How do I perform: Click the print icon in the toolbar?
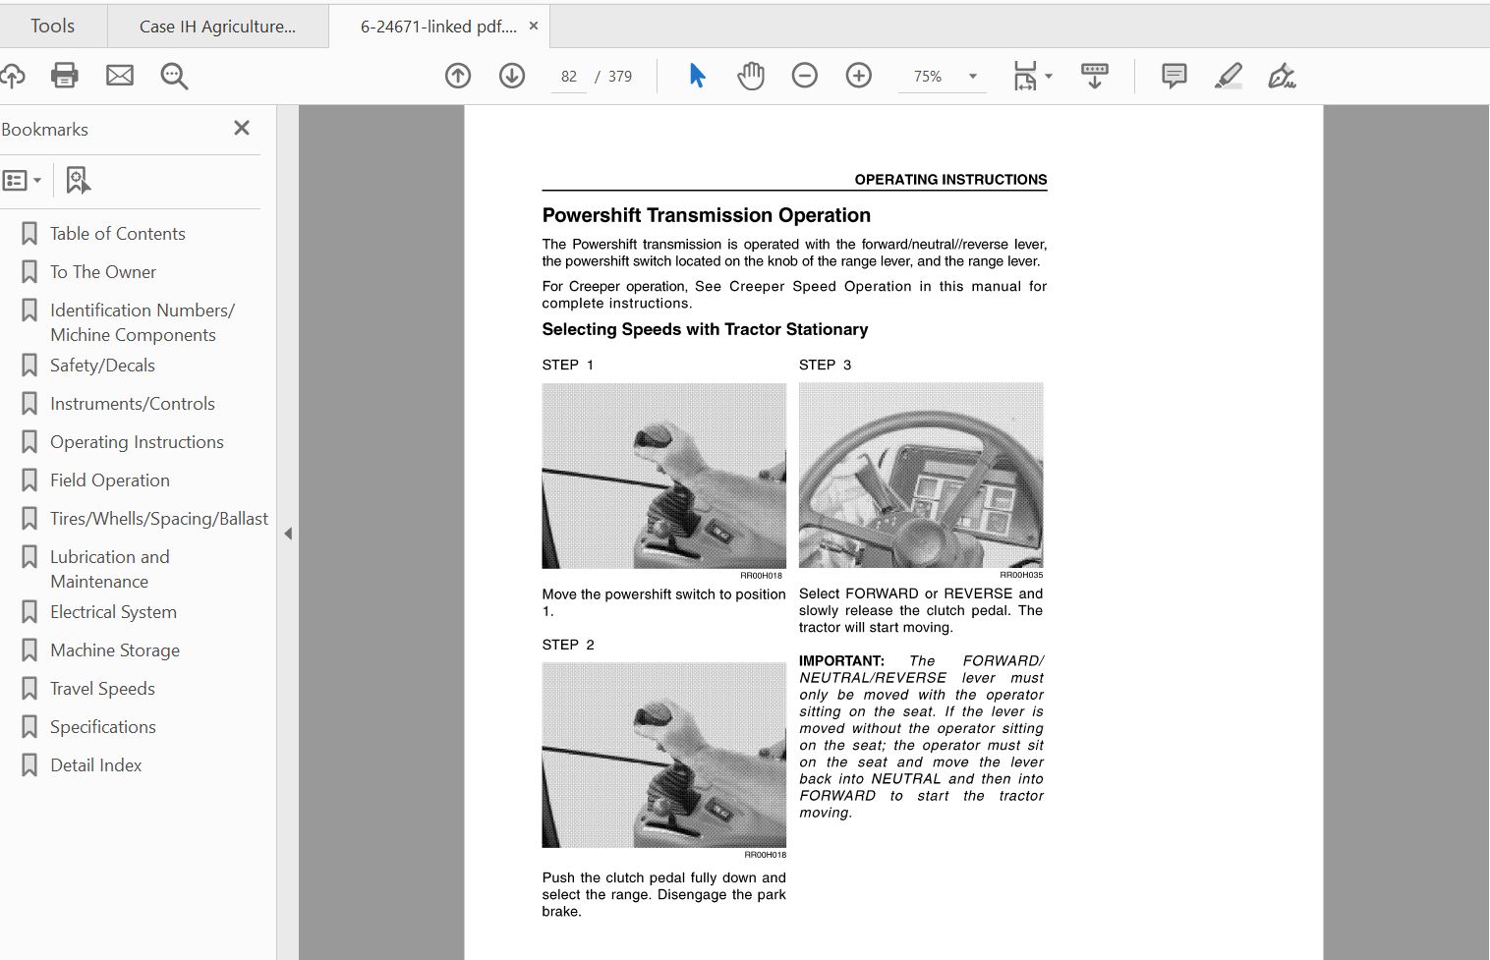pos(65,75)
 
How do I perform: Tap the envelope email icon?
pos(120,75)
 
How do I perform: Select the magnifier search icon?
pos(174,76)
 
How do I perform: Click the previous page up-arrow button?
pos(458,76)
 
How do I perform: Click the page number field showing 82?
pos(569,77)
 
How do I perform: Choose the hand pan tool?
pos(751,75)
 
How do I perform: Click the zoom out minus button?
pos(805,75)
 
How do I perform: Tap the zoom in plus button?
pos(859,75)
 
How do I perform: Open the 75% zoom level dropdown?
pos(973,77)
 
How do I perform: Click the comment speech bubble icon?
pos(1175,75)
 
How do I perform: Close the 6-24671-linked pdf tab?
pos(534,26)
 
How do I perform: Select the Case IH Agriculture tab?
pos(217,27)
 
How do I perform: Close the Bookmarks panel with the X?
pos(242,128)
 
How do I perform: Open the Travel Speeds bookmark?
pos(102,688)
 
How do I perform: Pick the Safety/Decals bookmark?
pos(102,365)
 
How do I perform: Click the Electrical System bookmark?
pos(113,611)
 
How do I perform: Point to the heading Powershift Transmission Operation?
pos(707,215)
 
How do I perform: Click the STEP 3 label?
pos(825,365)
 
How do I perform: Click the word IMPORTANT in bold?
pos(841,661)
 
